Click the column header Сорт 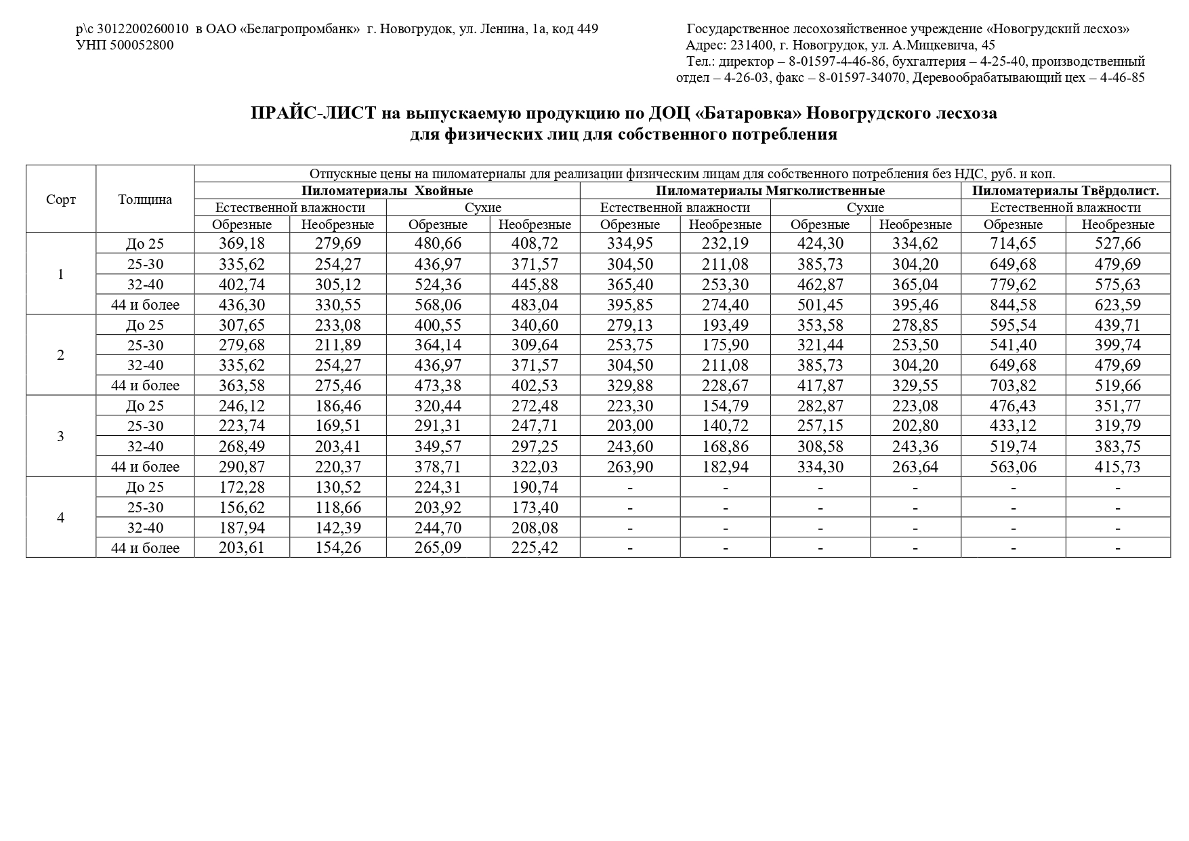(x=61, y=200)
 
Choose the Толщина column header (x=145, y=200)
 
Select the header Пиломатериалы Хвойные (x=387, y=191)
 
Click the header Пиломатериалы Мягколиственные (x=770, y=191)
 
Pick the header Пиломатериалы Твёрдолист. (x=1065, y=191)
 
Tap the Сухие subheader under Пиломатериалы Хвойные (x=483, y=208)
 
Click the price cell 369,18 (x=242, y=243)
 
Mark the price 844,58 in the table (x=1013, y=304)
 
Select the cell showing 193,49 (x=726, y=325)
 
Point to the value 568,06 (x=438, y=304)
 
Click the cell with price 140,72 (x=726, y=426)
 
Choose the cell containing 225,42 (x=535, y=548)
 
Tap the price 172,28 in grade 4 (x=242, y=487)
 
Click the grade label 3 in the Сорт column (x=61, y=436)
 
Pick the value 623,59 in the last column (x=1118, y=304)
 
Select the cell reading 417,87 (x=820, y=386)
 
